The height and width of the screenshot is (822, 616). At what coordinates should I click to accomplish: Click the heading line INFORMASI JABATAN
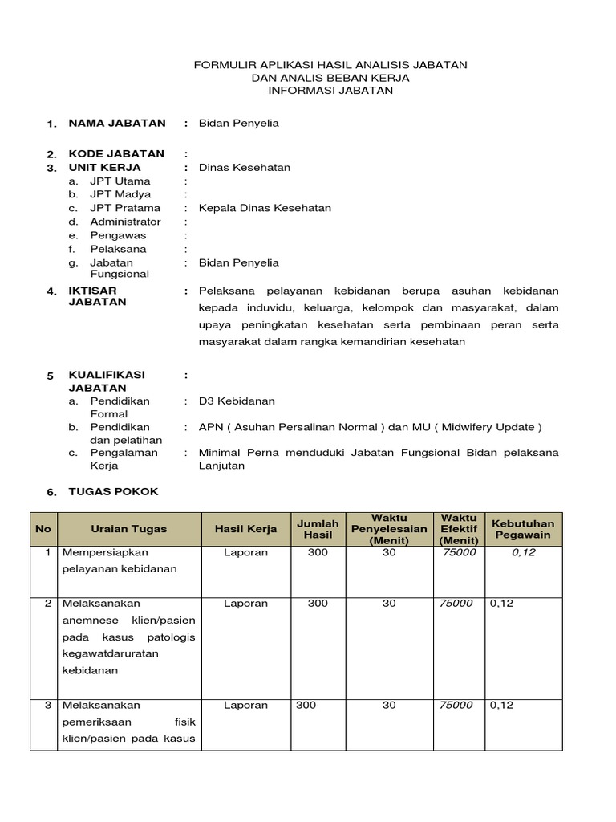pos(330,91)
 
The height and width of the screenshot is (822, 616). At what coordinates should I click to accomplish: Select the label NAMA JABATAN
pos(117,123)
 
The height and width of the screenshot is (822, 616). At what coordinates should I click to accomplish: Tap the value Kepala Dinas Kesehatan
pos(265,208)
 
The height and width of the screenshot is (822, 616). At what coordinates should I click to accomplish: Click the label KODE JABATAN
pos(116,153)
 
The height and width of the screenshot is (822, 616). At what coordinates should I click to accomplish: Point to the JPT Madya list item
pos(120,194)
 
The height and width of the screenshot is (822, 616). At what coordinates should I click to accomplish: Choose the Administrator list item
pos(125,222)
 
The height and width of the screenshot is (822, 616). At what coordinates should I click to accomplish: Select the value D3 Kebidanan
pos(237,401)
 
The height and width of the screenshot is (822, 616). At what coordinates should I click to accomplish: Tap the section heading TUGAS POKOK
pos(113,491)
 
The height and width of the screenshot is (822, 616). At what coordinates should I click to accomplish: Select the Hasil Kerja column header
pos(245,529)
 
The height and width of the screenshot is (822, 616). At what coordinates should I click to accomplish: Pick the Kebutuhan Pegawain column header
pos(522,529)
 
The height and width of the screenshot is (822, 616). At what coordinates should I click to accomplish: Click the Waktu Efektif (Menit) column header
pos(458,529)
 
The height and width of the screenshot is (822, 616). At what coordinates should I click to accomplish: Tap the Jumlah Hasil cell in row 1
pos(318,552)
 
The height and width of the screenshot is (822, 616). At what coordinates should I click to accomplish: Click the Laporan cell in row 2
pos(245,603)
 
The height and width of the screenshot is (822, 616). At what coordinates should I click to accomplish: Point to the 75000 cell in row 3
pos(456,705)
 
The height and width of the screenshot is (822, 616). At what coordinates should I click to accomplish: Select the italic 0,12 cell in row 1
pos(522,552)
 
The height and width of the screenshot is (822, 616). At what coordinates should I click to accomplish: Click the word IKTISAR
pos(92,291)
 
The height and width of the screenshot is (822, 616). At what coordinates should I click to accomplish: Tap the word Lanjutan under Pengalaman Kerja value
pos(223,466)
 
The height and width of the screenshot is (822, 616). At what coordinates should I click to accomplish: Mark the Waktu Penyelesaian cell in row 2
pos(389,603)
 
